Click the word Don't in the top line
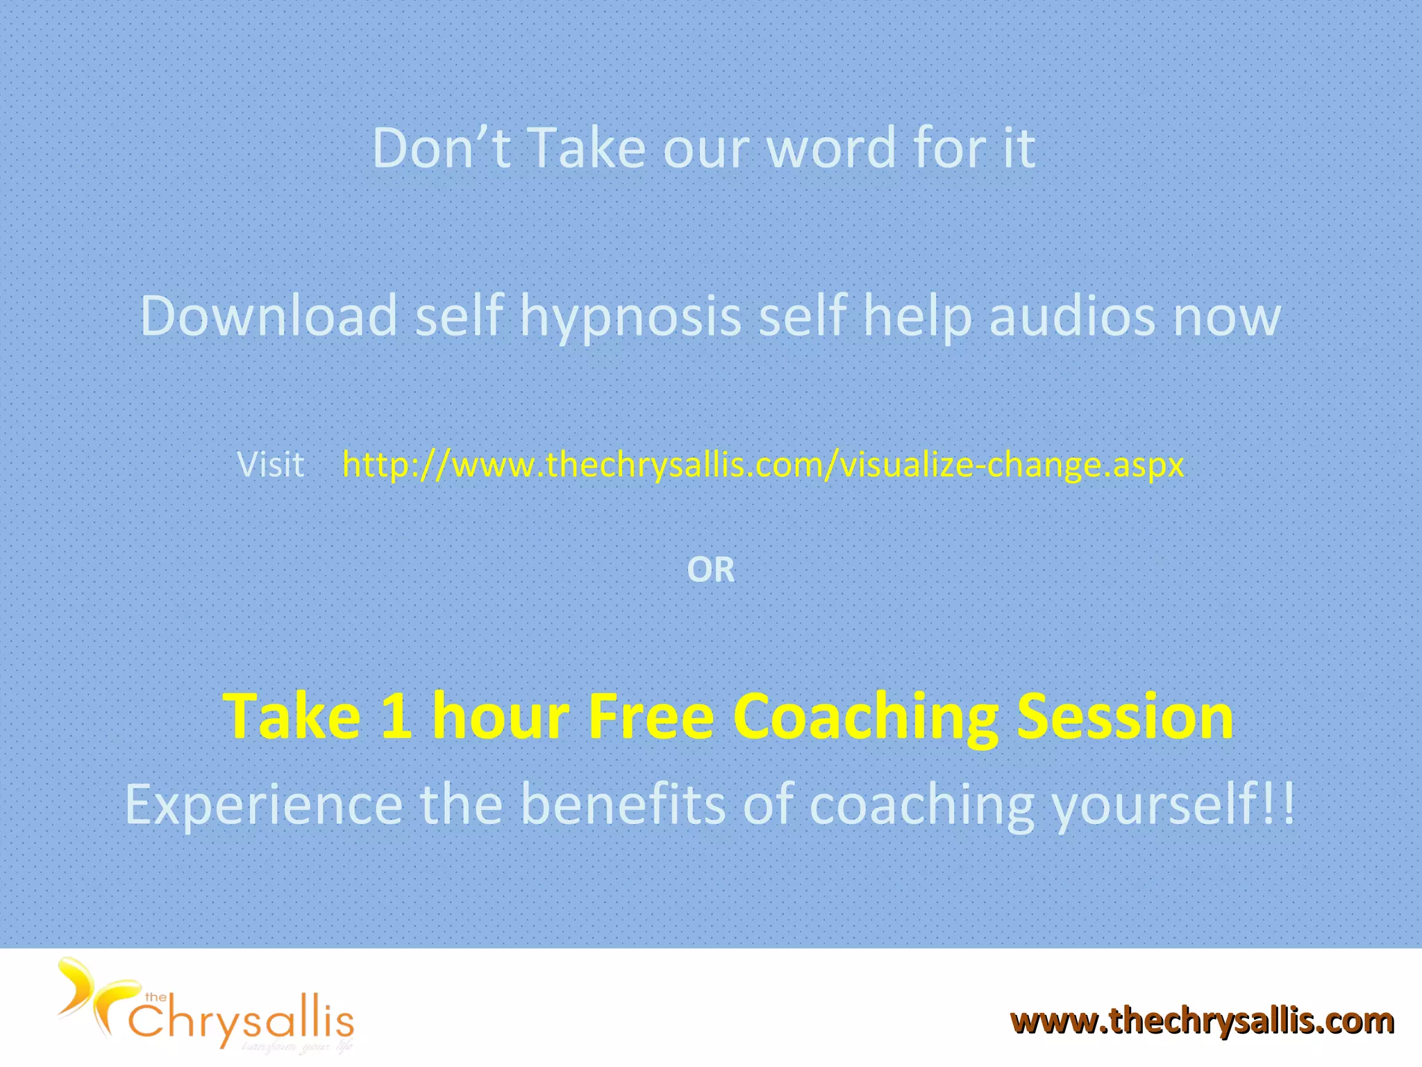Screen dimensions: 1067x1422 click(442, 148)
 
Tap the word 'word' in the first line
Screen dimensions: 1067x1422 click(831, 149)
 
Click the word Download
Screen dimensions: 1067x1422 click(269, 316)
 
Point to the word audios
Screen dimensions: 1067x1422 click(1071, 316)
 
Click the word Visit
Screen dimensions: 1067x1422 click(270, 464)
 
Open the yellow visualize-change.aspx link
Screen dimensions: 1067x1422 click(763, 464)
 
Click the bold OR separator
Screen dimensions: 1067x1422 click(710, 570)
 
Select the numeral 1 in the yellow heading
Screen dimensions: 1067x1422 click(396, 716)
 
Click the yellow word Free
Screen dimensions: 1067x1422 click(651, 716)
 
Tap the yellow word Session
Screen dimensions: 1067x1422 click(1125, 716)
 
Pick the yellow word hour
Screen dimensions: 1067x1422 click(501, 716)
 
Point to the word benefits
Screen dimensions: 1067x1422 click(623, 804)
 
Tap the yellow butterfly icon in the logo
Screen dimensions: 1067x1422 click(90, 994)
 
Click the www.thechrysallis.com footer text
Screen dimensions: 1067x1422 click(1202, 1021)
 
